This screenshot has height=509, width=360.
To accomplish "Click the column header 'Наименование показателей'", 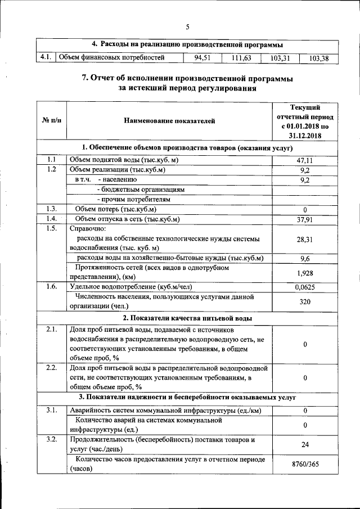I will click(169, 120).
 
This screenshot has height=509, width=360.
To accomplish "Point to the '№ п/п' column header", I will click(51, 120).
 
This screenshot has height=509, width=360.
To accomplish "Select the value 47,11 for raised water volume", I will click(304, 160).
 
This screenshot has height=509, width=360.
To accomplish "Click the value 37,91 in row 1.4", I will click(304, 219).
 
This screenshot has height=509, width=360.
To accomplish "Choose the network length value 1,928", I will click(304, 273).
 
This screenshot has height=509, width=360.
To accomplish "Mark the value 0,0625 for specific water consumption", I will click(304, 287).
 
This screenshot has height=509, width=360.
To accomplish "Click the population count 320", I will click(304, 301).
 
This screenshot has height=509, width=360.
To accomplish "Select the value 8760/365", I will click(304, 463).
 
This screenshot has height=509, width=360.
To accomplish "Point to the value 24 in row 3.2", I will click(304, 444).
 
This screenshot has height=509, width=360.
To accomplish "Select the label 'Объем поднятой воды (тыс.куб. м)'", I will click(124, 160).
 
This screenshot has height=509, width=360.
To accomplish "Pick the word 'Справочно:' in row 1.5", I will click(87, 229).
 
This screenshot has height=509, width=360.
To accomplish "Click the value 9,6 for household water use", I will click(304, 258).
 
